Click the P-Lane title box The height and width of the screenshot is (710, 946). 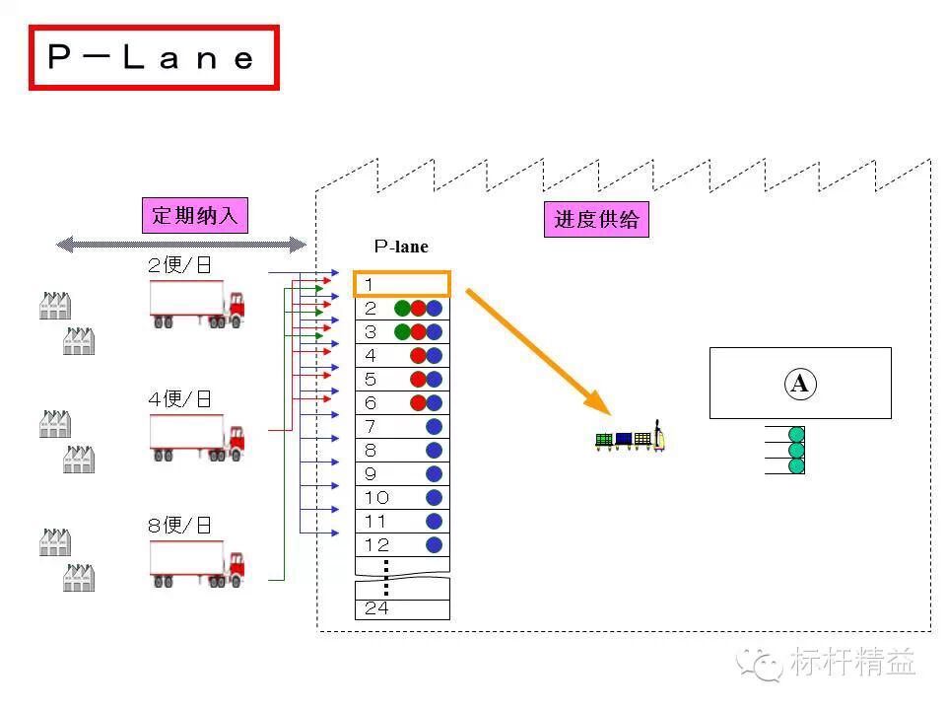pos(154,58)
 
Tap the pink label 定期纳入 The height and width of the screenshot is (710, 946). pos(195,215)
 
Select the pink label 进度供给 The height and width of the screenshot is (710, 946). pos(596,219)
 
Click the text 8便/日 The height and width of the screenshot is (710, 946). pos(179,525)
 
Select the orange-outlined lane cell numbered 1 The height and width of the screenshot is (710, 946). pos(401,285)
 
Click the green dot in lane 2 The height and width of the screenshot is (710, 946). pos(402,309)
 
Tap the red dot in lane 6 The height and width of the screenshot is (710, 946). pos(418,403)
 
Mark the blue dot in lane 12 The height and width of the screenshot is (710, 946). pos(434,545)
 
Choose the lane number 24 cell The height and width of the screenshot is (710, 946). pos(401,608)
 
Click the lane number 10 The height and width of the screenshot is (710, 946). pos(376,498)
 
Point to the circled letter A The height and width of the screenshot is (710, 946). pos(799,384)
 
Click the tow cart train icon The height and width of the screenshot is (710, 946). pos(631,439)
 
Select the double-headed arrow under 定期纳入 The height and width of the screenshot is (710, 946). pos(182,245)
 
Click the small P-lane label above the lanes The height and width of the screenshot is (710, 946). pos(401,248)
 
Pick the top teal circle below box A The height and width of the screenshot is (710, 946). pos(796,434)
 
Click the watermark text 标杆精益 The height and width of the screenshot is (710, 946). pos(851,662)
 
